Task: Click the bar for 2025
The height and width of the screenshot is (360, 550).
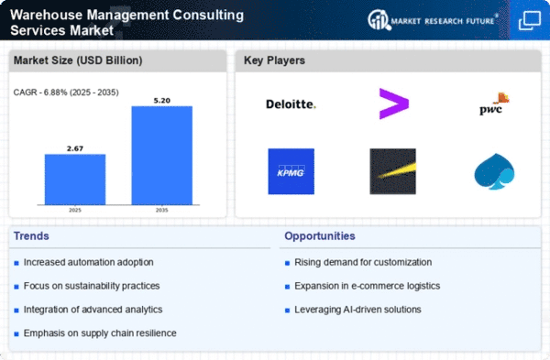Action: (x=75, y=180)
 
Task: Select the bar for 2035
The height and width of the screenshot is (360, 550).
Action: (x=161, y=156)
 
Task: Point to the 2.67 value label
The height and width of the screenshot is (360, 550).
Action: (x=75, y=148)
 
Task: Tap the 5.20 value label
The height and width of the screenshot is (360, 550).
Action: (x=161, y=101)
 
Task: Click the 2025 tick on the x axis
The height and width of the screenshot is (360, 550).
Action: (x=75, y=210)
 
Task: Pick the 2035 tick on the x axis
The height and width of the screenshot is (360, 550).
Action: (x=161, y=210)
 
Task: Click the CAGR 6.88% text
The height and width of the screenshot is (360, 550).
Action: (x=66, y=93)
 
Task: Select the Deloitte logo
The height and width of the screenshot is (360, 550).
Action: (x=291, y=104)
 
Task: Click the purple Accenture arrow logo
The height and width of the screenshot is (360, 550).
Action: (x=394, y=104)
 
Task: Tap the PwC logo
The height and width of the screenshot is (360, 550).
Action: (x=494, y=104)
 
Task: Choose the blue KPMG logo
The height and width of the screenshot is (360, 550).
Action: (x=291, y=171)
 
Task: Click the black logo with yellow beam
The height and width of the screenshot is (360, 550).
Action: (x=393, y=171)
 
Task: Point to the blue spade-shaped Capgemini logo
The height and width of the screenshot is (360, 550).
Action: (x=494, y=171)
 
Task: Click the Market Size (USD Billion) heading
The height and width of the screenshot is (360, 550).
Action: (x=78, y=60)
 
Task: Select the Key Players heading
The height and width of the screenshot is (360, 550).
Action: (x=274, y=60)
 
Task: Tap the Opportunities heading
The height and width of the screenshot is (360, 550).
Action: (x=320, y=236)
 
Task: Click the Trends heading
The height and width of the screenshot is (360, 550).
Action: (x=31, y=236)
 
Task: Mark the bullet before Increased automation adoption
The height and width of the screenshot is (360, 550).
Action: (x=16, y=263)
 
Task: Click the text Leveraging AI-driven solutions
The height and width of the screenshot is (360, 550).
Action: (x=357, y=310)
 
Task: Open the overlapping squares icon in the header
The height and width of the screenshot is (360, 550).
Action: (x=530, y=21)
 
